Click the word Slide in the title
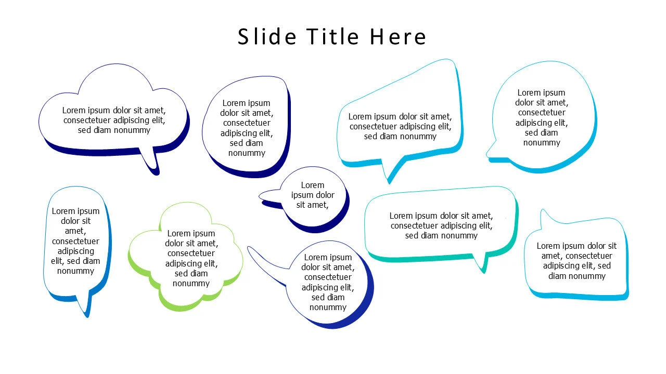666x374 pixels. tap(267, 36)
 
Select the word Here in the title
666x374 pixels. tap(398, 37)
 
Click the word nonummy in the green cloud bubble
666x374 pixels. tap(191, 284)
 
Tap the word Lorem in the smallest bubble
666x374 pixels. tap(313, 185)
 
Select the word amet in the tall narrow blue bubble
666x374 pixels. tap(75, 231)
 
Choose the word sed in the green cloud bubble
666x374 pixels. tap(180, 273)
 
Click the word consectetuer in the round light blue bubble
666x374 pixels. tap(542, 113)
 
